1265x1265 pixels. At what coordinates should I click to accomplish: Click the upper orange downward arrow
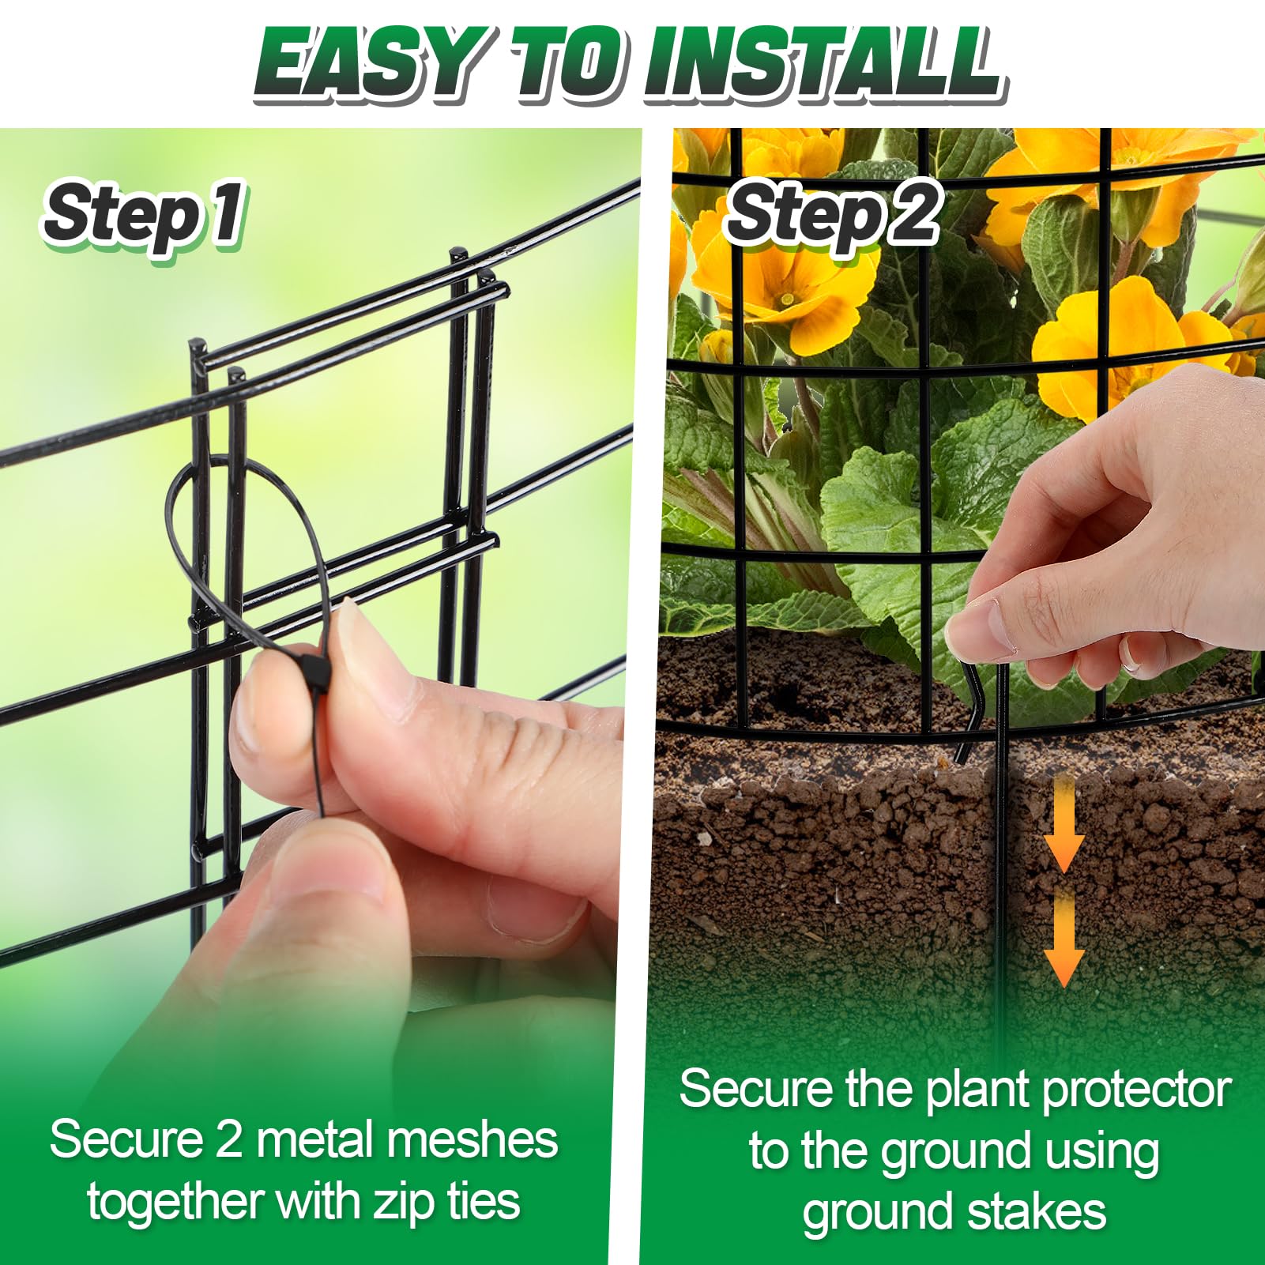point(1064,822)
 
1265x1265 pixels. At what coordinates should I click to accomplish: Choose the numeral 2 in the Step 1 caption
point(228,1140)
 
